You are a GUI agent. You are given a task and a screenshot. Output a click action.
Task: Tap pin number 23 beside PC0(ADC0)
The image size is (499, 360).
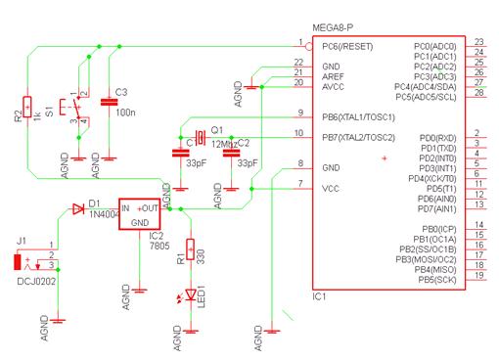coord(478,42)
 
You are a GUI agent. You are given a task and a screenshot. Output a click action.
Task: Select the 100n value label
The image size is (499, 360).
coord(124,113)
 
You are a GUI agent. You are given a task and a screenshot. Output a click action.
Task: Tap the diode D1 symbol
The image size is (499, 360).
coord(77,208)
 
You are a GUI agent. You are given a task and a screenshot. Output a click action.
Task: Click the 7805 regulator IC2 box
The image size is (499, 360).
coord(140,215)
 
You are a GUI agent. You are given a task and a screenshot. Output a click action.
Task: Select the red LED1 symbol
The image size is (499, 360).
coord(190,293)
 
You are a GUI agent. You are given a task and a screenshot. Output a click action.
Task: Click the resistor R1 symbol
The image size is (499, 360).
coord(190,251)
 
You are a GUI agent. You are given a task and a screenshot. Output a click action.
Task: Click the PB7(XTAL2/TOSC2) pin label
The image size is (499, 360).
coord(360,137)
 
